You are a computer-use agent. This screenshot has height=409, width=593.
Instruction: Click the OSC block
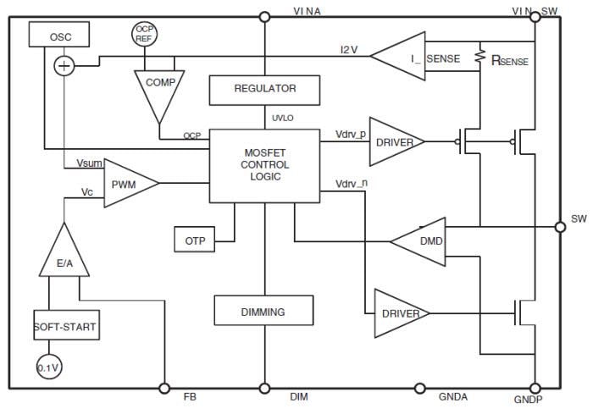pyautogui.click(x=59, y=36)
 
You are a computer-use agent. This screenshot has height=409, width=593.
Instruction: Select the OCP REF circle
pyautogui.click(x=144, y=34)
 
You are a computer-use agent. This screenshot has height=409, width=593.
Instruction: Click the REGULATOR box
pyautogui.click(x=264, y=88)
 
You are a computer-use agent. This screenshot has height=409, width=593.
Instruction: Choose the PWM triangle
pyautogui.click(x=128, y=184)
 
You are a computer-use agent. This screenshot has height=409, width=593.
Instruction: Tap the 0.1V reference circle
pyautogui.click(x=48, y=366)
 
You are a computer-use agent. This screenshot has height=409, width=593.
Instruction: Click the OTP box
pyautogui.click(x=195, y=240)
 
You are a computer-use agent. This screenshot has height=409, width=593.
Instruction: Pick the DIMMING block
pyautogui.click(x=264, y=311)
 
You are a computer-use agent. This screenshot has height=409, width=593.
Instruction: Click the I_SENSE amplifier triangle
pyautogui.click(x=402, y=57)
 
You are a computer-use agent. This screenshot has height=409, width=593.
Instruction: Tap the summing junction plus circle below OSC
pyautogui.click(x=64, y=66)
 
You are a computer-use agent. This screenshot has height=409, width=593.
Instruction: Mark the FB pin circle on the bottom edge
pyautogui.click(x=165, y=388)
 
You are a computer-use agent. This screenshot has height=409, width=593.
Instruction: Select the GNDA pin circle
pyautogui.click(x=418, y=388)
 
